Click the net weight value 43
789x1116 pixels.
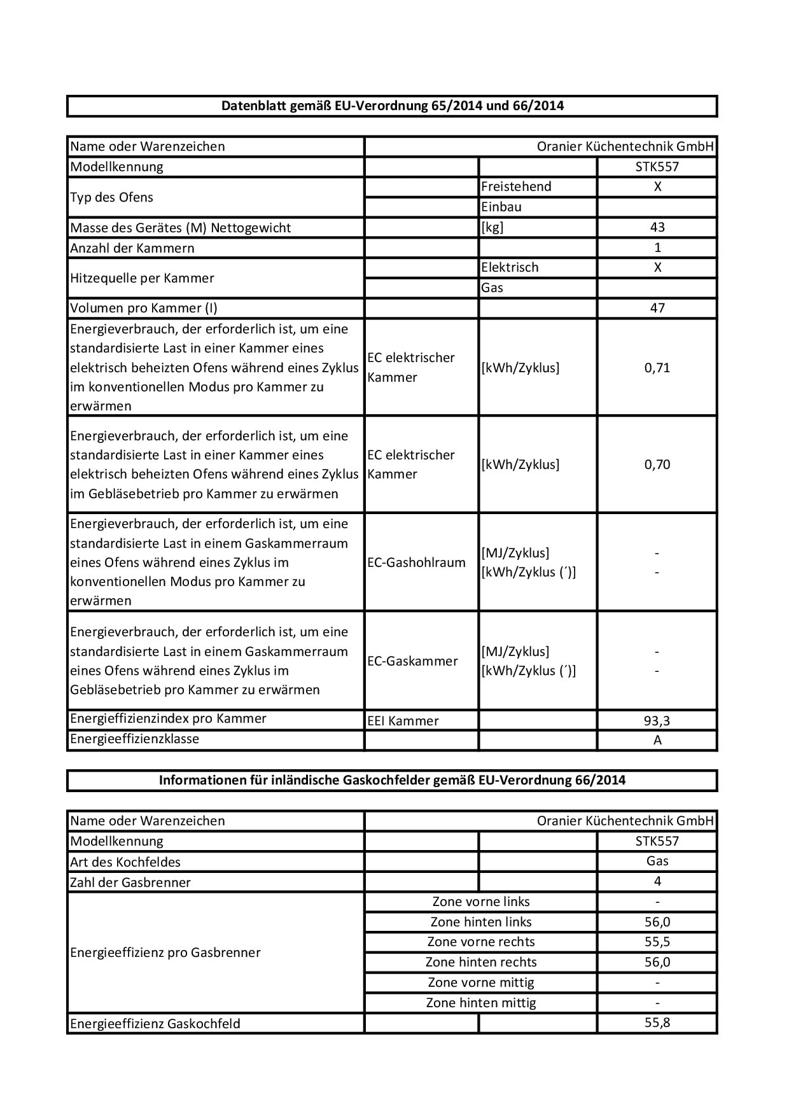tap(657, 227)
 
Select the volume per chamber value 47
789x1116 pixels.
tap(657, 308)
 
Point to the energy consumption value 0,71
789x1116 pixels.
tap(657, 367)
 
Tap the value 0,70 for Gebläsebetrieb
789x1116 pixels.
tap(657, 464)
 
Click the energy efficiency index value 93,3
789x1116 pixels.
tap(657, 721)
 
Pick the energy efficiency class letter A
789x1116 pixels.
tap(657, 740)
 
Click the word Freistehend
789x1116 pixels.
tap(516, 186)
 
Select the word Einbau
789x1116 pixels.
tap(501, 207)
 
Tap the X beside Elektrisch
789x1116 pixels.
tap(657, 267)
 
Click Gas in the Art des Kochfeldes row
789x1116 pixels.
tap(657, 861)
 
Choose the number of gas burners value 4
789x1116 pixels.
tap(657, 881)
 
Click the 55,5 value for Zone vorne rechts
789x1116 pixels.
tap(657, 942)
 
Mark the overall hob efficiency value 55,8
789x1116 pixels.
tap(657, 1022)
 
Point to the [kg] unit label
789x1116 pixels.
tap(492, 227)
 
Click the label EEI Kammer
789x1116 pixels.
tap(403, 721)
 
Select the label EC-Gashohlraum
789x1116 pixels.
tap(416, 562)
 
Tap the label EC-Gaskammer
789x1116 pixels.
tap(412, 661)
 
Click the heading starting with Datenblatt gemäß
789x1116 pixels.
tap(392, 106)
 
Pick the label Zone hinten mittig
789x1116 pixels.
tap(481, 1003)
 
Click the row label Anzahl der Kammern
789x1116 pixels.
tap(132, 248)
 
